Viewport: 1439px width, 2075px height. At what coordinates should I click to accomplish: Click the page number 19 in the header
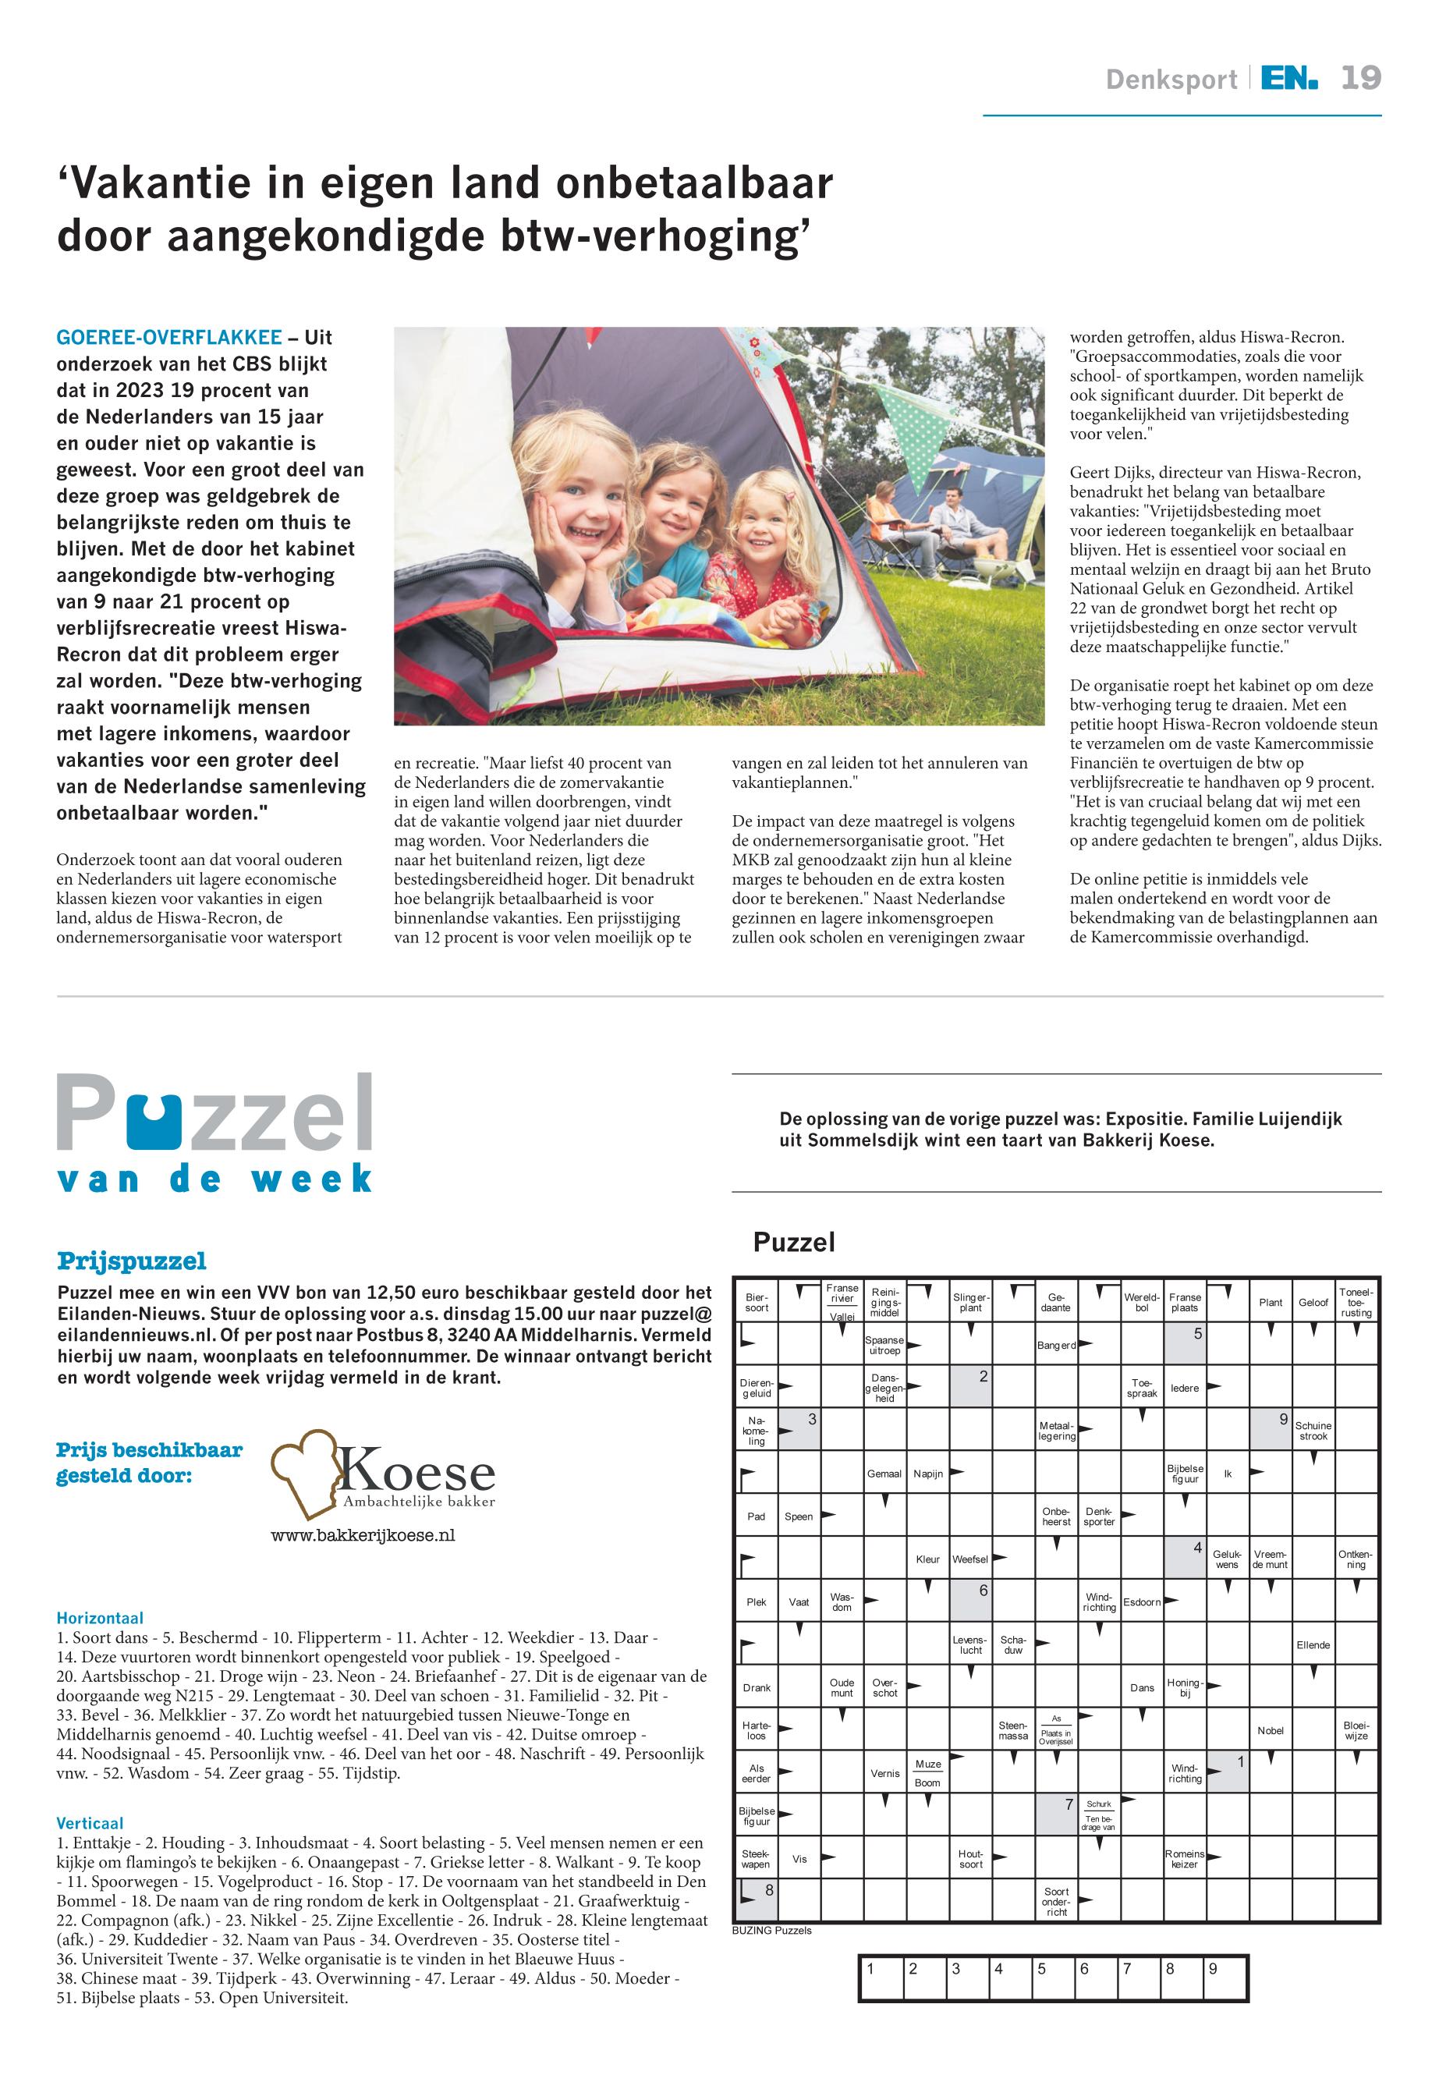1359,79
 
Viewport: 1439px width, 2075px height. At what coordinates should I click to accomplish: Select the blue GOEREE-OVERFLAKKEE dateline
168,337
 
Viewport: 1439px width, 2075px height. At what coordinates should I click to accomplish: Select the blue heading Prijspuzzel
132,1260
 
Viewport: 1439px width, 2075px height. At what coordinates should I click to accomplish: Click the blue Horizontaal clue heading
100,1618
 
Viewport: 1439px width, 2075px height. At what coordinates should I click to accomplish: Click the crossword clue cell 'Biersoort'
757,1302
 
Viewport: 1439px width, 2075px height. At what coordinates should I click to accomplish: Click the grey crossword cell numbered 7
1056,1815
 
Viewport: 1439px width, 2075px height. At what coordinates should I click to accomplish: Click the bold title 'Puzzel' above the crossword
793,1243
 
